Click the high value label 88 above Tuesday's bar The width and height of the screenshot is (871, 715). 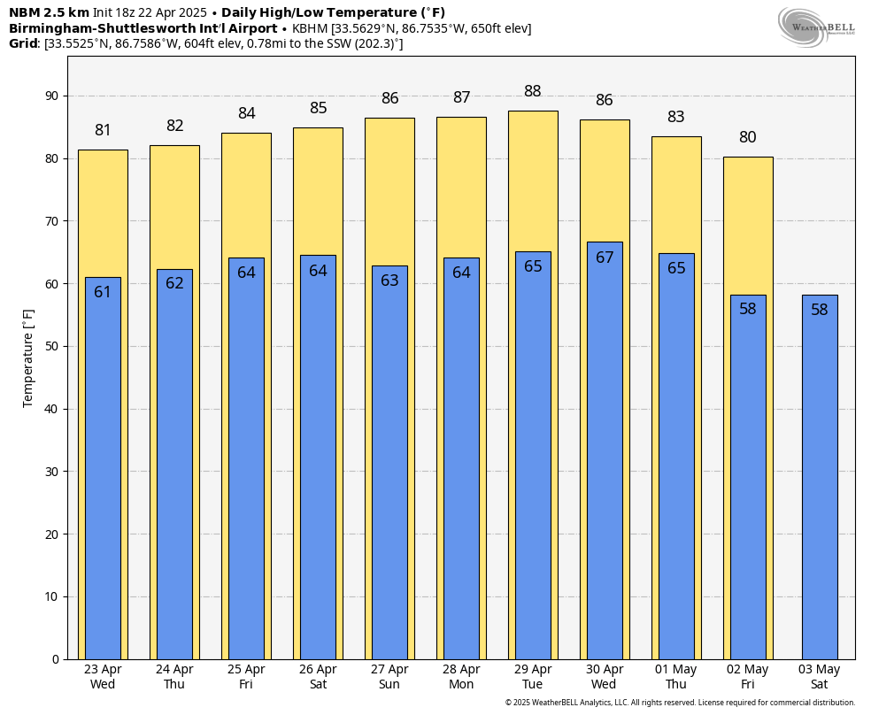click(x=533, y=91)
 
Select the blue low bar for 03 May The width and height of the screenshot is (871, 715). click(x=820, y=478)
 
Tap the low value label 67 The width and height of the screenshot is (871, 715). click(x=605, y=258)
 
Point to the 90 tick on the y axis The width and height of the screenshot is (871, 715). click(x=52, y=96)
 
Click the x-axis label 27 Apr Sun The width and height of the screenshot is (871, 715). click(x=389, y=677)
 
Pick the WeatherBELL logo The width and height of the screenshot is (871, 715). click(x=816, y=26)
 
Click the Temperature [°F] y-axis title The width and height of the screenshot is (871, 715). click(x=28, y=358)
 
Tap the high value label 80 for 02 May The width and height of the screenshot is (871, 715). click(x=748, y=137)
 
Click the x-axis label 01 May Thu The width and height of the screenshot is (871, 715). click(x=676, y=677)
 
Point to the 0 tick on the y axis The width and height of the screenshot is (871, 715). click(x=55, y=659)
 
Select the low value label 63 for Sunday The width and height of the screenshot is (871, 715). click(x=389, y=281)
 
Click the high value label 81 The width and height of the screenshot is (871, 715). click(x=103, y=130)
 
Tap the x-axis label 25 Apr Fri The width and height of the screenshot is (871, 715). click(x=246, y=677)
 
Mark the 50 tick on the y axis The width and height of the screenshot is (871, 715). click(x=52, y=346)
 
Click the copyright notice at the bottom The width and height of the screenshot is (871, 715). click(x=680, y=703)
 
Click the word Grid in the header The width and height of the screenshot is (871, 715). click(x=24, y=43)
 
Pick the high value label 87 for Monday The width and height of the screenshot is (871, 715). click(x=461, y=97)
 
